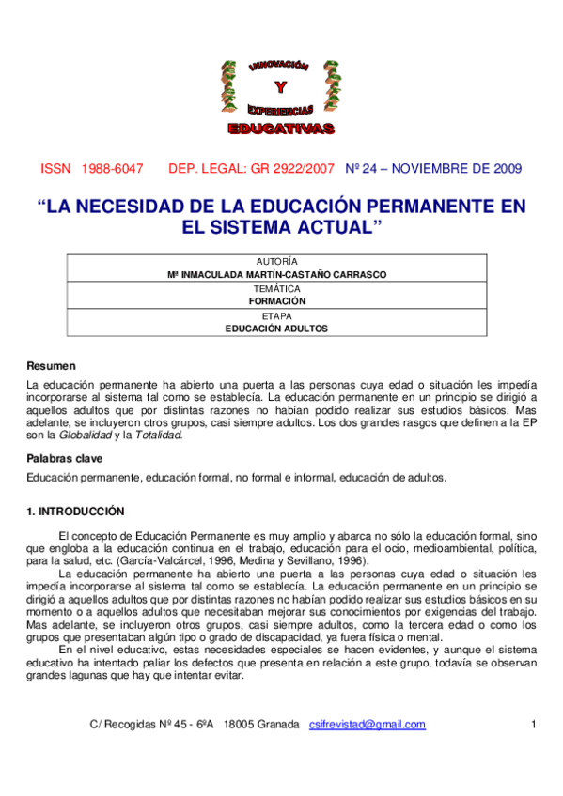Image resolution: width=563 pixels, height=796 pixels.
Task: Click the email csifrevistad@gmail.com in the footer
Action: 368,724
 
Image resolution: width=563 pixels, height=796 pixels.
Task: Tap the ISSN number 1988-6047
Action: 112,169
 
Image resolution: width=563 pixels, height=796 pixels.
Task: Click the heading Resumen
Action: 51,365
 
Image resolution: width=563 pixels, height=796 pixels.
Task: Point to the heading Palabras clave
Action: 64,458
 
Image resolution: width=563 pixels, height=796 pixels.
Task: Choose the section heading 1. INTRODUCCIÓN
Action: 75,512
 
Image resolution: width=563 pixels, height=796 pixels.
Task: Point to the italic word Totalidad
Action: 159,436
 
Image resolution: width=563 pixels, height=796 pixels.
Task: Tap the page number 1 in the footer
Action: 533,724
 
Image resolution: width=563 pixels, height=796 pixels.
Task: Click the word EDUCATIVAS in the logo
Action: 280,127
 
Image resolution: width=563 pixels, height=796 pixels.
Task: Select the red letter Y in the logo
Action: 281,88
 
